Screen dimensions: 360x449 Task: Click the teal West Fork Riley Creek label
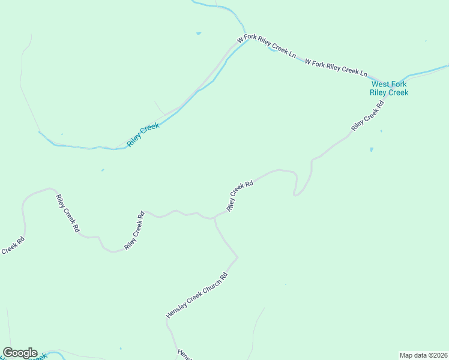(389, 88)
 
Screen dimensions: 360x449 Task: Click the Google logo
(20, 353)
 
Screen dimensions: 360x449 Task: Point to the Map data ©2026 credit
(424, 355)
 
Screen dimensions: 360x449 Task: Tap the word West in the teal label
(381, 85)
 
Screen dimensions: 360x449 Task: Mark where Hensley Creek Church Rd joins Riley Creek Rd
(215, 218)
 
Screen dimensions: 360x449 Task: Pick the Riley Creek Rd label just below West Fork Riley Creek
(367, 116)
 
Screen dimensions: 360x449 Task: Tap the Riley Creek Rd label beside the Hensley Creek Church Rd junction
(240, 196)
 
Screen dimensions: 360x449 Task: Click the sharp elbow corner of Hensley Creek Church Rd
(238, 258)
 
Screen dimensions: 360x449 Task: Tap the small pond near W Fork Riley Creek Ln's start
(198, 33)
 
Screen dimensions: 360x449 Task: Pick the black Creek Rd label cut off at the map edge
(12, 247)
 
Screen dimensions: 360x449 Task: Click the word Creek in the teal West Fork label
(398, 92)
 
